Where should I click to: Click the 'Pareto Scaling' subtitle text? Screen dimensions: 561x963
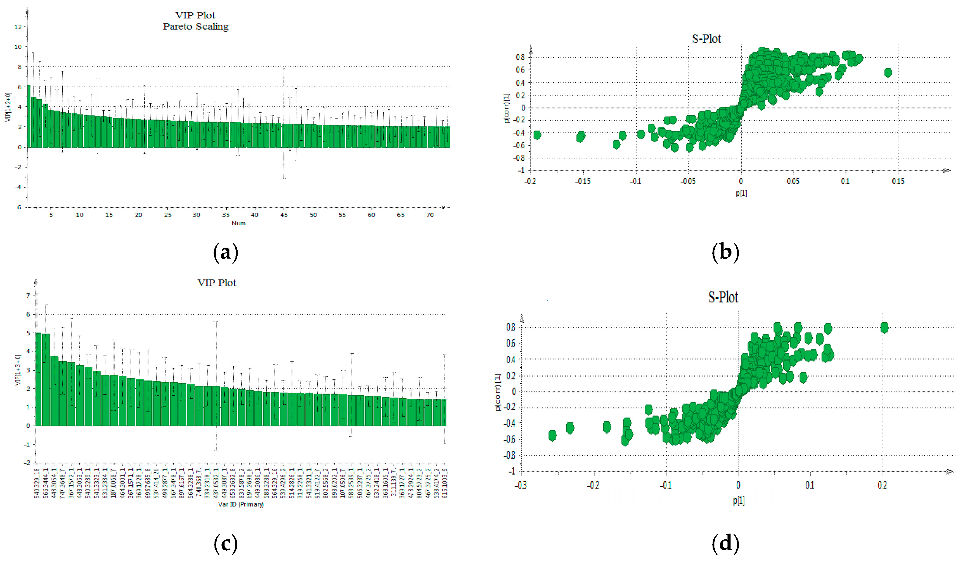point(195,26)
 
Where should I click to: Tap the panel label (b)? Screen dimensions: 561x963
point(725,252)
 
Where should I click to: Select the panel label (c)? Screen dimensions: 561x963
point(225,543)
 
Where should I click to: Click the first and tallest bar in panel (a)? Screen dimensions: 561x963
point(29,117)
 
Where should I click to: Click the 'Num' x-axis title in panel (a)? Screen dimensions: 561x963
point(239,223)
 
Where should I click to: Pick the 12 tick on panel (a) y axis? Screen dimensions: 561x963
point(18,27)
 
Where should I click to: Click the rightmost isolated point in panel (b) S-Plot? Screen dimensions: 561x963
point(888,72)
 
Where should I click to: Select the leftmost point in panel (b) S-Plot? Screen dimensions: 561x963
point(537,135)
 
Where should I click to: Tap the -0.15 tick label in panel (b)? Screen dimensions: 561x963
point(582,181)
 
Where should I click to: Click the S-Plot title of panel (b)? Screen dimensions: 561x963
point(706,39)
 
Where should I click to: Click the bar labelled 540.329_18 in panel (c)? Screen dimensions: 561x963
point(38,379)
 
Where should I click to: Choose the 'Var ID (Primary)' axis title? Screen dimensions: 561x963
point(241,504)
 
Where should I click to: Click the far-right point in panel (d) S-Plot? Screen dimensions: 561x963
point(884,327)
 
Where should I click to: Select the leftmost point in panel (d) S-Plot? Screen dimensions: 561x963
point(552,435)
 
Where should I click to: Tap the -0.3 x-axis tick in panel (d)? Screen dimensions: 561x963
point(521,485)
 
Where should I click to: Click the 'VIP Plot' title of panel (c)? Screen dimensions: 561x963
point(217,283)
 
